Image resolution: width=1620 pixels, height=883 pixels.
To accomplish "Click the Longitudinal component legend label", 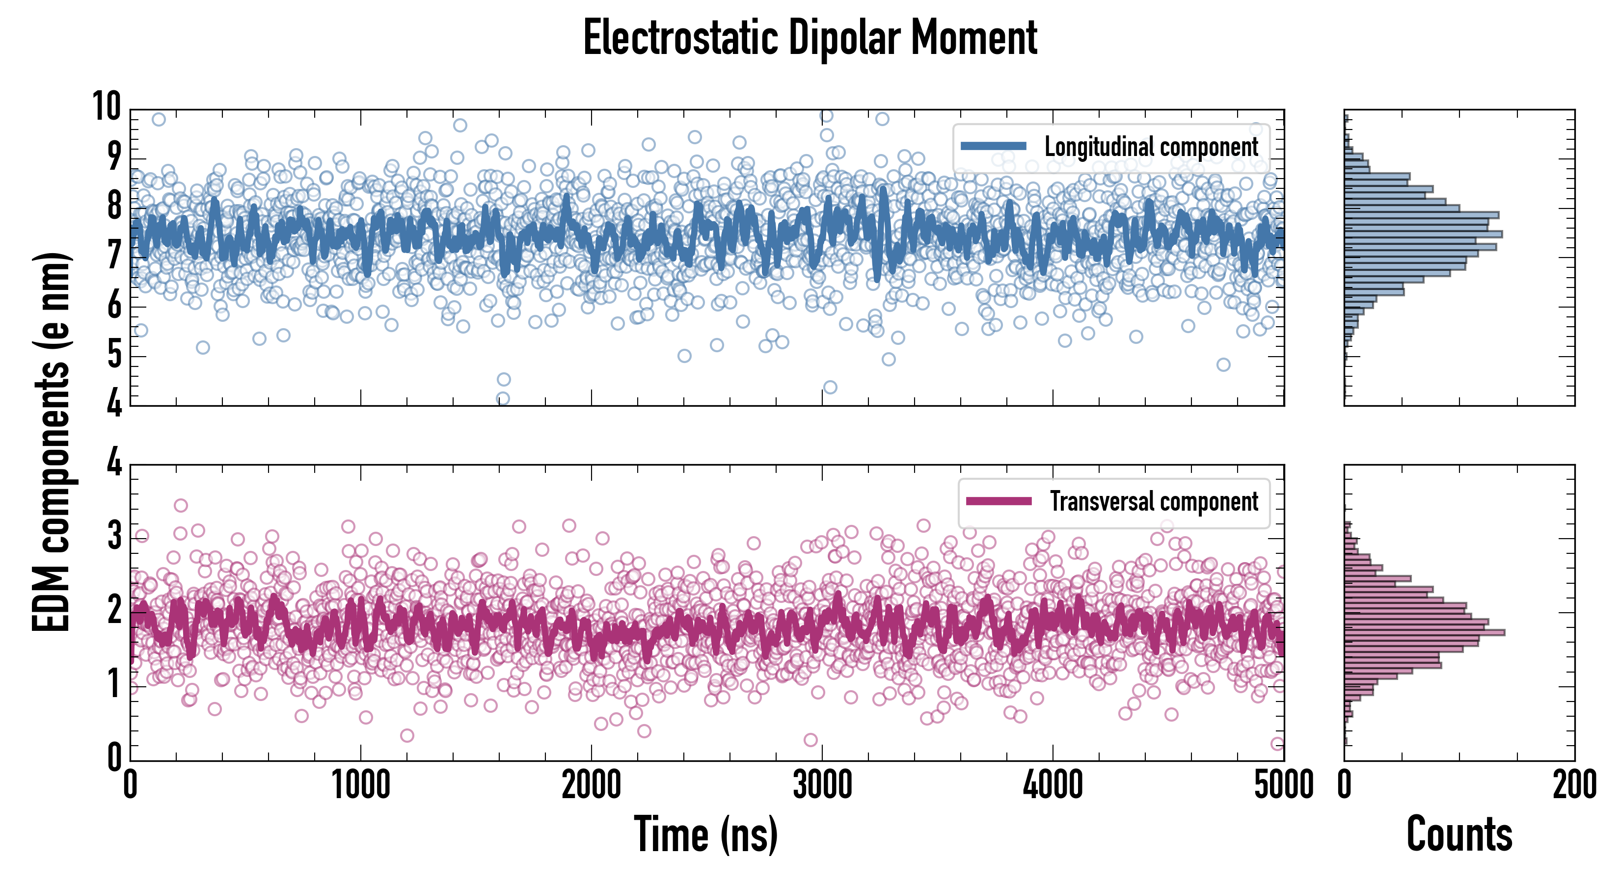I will [x=1151, y=147].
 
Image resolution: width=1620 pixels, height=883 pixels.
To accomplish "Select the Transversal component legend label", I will [x=1154, y=501].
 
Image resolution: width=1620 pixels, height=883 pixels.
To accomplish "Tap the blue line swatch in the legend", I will [x=994, y=147].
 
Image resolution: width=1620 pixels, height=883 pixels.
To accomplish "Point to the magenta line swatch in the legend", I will [x=999, y=501].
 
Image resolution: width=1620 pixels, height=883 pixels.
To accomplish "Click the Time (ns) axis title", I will [x=705, y=834].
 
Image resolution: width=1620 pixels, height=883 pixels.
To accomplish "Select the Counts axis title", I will [x=1459, y=834].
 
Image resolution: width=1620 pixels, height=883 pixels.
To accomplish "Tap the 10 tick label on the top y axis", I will [x=107, y=106].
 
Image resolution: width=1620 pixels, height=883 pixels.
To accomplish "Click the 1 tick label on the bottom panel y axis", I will [x=114, y=684].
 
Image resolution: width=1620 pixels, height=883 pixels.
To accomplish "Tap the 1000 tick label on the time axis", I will [x=361, y=785].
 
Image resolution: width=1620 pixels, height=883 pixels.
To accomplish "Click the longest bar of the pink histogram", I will [x=1425, y=632].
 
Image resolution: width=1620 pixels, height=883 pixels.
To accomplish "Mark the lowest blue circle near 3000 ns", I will [x=830, y=387].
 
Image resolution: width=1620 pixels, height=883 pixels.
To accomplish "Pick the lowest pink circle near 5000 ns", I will [x=1277, y=744].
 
